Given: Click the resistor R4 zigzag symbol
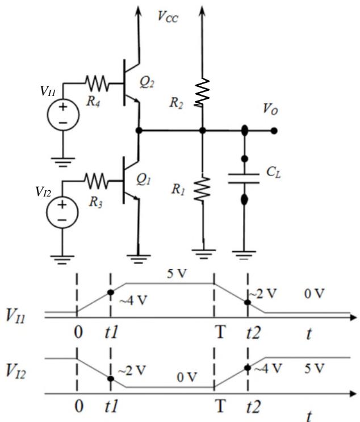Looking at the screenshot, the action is coord(97,83).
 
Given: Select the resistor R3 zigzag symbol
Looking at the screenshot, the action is coord(96,181).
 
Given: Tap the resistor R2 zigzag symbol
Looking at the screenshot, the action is coord(202,92).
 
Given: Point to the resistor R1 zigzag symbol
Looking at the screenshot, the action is coord(202,189).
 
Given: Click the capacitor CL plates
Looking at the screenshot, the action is coord(244,179).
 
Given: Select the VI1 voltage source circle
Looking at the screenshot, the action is coord(63,115).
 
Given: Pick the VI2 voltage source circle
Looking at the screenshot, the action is coord(62,212).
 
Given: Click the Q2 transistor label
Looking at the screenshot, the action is coord(147,82).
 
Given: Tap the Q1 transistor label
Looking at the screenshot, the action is coord(143,179).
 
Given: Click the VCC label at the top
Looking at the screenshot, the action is coord(168,16).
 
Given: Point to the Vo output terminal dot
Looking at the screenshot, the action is coord(274,131).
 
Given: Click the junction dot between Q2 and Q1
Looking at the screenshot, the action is coord(139,131).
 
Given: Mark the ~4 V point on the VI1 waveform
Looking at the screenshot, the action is coord(111,293).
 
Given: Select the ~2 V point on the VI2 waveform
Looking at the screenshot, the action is coord(111,379).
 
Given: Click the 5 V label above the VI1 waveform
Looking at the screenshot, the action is coord(177,274).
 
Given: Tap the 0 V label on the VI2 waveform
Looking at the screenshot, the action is coord(187,377).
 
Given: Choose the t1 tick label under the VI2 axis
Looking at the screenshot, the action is coord(111,406).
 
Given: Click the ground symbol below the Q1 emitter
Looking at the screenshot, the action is coord(139,258).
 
